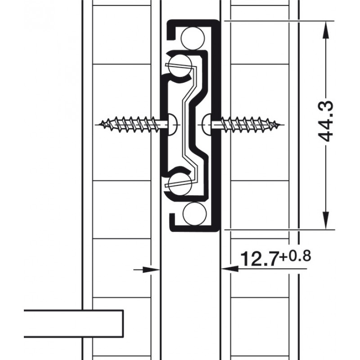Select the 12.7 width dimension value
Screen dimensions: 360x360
[x=260, y=259]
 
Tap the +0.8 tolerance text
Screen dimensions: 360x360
[x=295, y=256]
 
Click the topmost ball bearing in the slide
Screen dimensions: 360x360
[x=193, y=38]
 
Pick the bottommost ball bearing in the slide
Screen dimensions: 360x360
[x=194, y=213]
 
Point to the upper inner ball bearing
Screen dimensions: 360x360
[x=180, y=66]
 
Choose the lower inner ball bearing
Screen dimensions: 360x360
[x=180, y=184]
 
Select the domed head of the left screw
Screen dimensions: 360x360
[x=173, y=125]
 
